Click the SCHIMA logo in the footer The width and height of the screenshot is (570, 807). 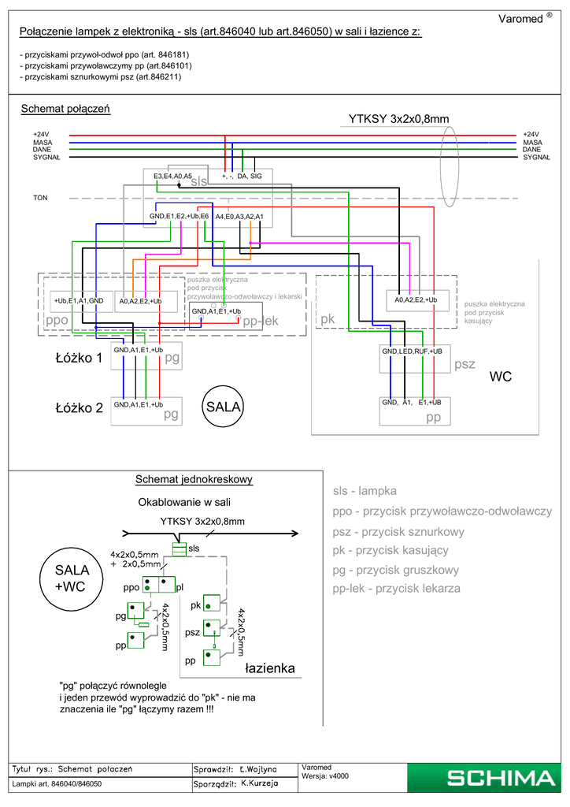500,779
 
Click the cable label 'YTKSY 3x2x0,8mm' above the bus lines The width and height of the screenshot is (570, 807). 398,119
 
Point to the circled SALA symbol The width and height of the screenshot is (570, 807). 223,407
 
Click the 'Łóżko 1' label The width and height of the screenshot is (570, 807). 79,359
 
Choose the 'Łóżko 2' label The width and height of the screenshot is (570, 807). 79,408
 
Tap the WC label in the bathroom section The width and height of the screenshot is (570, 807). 501,377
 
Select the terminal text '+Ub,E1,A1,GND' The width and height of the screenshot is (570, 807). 78,301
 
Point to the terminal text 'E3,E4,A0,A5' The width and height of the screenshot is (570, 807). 172,176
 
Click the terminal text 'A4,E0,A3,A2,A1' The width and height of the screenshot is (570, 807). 239,216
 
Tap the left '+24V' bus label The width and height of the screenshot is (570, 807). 41,135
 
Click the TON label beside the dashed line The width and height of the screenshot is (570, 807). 40,197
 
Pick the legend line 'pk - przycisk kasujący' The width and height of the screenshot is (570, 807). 390,550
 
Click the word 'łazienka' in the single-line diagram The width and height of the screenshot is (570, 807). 269,668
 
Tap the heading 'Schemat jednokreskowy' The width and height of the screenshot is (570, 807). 194,479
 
